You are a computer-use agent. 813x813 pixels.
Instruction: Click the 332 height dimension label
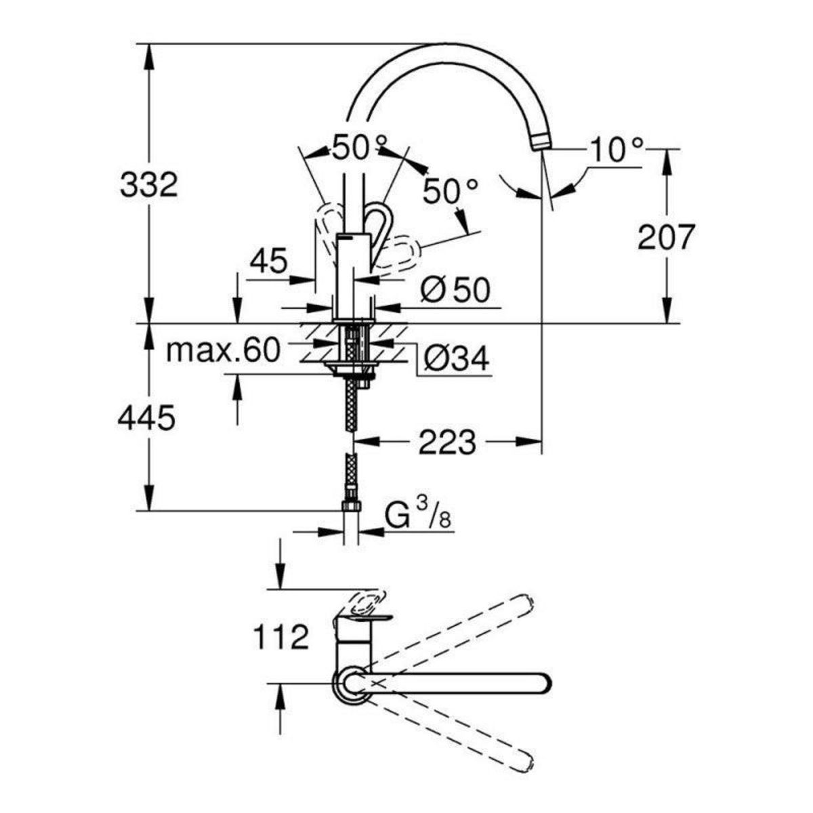pyautogui.click(x=148, y=184)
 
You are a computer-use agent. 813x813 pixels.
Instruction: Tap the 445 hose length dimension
pyautogui.click(x=146, y=419)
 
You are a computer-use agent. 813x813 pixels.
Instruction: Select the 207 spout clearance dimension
pyautogui.click(x=666, y=236)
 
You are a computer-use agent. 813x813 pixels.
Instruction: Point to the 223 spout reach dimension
pyautogui.click(x=447, y=443)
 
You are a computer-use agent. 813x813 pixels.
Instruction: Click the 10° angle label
pyautogui.click(x=615, y=150)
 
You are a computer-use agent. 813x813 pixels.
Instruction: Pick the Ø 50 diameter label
pyautogui.click(x=454, y=291)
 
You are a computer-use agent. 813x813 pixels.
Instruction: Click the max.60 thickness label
pyautogui.click(x=223, y=350)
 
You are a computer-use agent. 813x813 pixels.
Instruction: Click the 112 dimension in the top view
pyautogui.click(x=280, y=637)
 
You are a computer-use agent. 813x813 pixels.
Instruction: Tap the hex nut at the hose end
pyautogui.click(x=352, y=507)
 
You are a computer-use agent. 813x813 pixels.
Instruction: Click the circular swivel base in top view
pyautogui.click(x=350, y=683)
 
